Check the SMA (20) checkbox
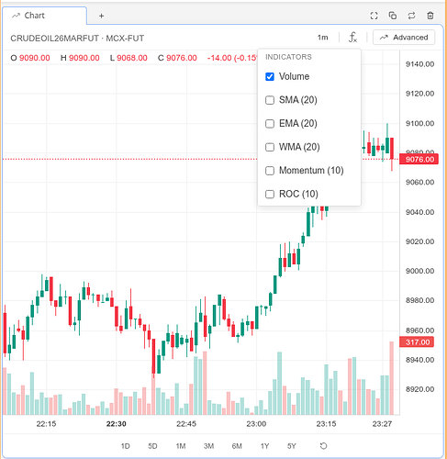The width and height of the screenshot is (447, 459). click(x=270, y=100)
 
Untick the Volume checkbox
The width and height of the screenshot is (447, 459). click(x=270, y=76)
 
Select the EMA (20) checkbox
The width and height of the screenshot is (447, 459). click(x=270, y=124)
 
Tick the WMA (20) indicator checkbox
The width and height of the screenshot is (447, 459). click(x=270, y=147)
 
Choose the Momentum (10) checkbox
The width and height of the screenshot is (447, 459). click(x=270, y=171)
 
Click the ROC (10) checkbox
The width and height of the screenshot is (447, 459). click(x=270, y=194)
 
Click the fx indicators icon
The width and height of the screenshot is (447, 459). click(x=352, y=38)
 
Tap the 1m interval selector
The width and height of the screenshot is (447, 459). click(x=322, y=38)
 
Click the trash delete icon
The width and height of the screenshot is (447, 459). click(x=430, y=16)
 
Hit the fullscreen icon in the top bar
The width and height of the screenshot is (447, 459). click(x=374, y=16)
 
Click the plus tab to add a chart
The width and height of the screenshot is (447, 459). click(x=101, y=16)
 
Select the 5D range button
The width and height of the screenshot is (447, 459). click(x=152, y=446)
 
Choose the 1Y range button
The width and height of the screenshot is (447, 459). click(x=264, y=446)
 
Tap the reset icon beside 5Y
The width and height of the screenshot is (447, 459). click(x=323, y=446)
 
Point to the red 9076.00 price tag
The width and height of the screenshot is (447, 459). click(x=419, y=159)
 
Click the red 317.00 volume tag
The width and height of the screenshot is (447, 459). click(x=417, y=341)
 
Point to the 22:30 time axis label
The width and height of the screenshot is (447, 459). click(x=117, y=424)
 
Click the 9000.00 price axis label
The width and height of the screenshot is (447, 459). click(x=419, y=271)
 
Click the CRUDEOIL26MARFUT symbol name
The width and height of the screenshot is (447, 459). click(x=54, y=39)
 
